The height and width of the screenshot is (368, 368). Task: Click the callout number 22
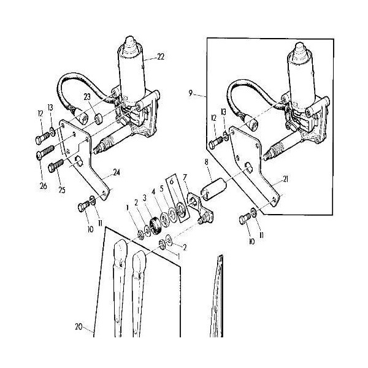(x=161, y=57)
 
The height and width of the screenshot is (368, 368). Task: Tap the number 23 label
(x=87, y=97)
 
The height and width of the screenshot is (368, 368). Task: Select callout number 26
(x=44, y=186)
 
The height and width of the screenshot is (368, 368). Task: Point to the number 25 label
(x=62, y=190)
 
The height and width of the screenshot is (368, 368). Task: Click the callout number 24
(x=117, y=173)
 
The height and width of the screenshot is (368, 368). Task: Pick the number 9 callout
(x=190, y=93)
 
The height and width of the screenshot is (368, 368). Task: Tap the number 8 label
(x=207, y=162)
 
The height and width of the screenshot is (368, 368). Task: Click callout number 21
(x=285, y=179)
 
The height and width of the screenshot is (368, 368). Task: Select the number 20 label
(x=79, y=327)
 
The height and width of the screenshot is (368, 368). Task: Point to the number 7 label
(x=185, y=177)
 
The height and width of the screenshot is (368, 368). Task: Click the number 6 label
(x=172, y=181)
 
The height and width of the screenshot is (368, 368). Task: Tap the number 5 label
(x=162, y=189)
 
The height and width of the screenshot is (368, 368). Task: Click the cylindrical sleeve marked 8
(x=213, y=190)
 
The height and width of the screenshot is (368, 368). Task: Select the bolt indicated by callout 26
(x=45, y=152)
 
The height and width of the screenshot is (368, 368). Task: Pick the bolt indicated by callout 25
(x=56, y=166)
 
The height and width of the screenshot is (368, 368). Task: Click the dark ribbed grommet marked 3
(x=155, y=226)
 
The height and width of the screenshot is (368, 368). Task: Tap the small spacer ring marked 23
(x=99, y=118)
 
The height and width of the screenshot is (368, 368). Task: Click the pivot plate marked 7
(x=201, y=208)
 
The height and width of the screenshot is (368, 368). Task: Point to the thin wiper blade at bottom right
(x=217, y=296)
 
